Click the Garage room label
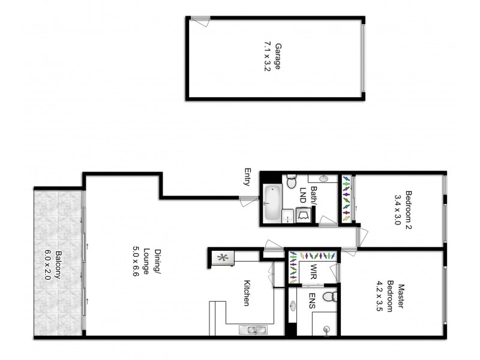pyautogui.click(x=277, y=56)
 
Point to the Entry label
pyautogui.click(x=247, y=177)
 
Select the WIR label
pyautogui.click(x=313, y=272)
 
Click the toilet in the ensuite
pyautogui.click(x=328, y=297)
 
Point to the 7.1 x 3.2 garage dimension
pyautogui.click(x=268, y=56)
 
